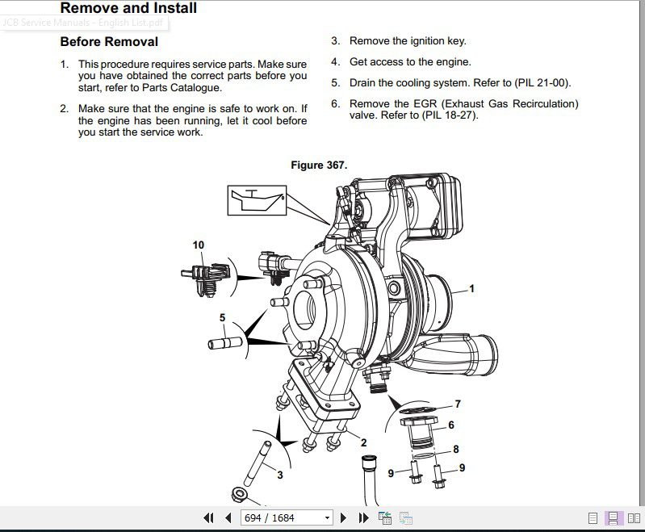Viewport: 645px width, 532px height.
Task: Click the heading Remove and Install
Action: pos(128,9)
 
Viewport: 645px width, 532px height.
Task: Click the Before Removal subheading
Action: pos(109,42)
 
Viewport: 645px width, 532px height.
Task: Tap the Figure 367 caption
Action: pos(319,165)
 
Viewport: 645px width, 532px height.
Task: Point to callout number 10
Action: pos(199,245)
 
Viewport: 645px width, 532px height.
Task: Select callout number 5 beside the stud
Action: pos(222,317)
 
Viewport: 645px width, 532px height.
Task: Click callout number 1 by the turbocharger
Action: pos(472,288)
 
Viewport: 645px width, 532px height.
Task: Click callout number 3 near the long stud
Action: pos(280,475)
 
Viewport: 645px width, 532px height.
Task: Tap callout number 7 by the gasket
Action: pos(458,404)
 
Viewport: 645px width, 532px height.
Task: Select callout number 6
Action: pos(451,425)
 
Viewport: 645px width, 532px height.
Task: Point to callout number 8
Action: pos(456,449)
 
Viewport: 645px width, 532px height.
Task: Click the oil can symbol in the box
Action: pos(257,199)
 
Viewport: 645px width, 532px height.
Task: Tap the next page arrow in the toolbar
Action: pos(343,517)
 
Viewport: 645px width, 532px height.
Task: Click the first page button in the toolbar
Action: pos(208,517)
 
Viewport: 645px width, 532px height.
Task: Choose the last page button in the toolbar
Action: pos(362,517)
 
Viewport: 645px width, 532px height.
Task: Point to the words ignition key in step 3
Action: pos(437,40)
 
